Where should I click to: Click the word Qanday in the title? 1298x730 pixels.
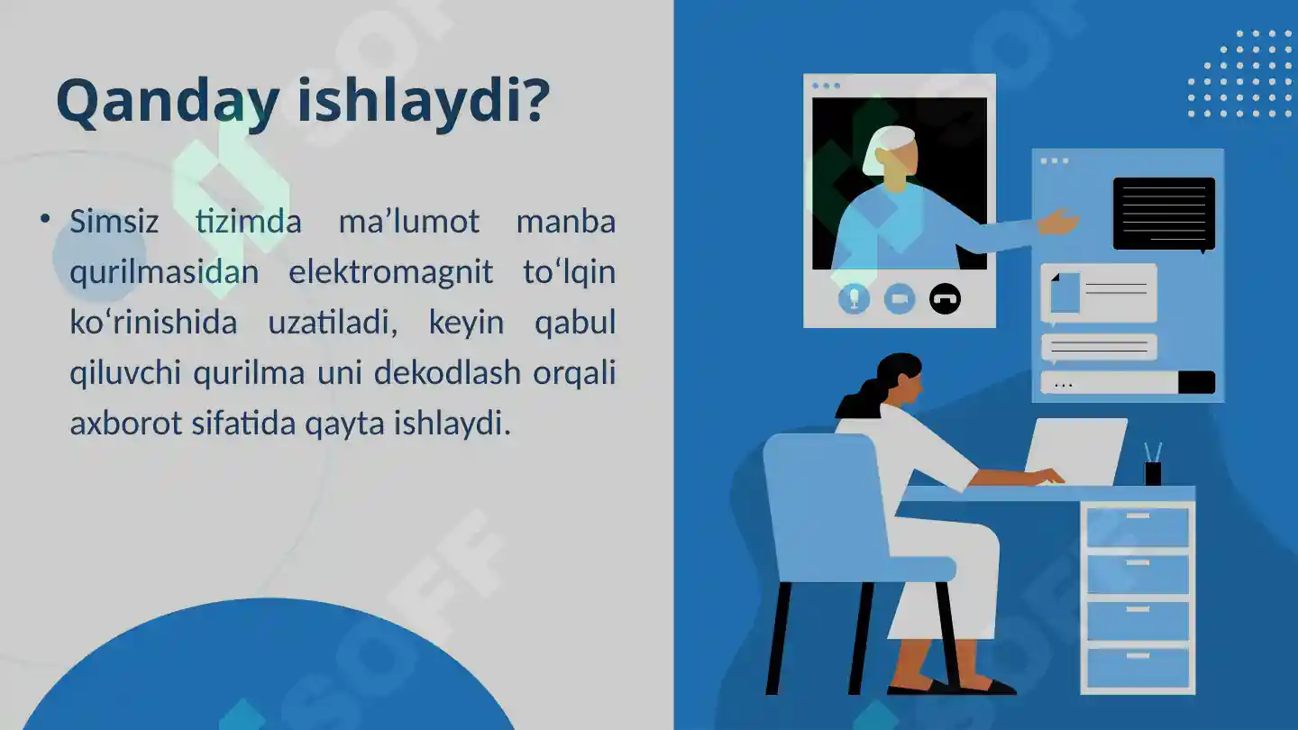pyautogui.click(x=167, y=101)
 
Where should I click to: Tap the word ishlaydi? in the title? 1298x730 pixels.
pyautogui.click(x=423, y=101)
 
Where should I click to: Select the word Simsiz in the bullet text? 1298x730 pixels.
pyautogui.click(x=114, y=222)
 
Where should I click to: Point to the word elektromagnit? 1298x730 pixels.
pyautogui.click(x=390, y=272)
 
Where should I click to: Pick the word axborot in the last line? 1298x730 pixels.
pyautogui.click(x=125, y=423)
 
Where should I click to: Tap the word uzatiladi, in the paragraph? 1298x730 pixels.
pyautogui.click(x=333, y=323)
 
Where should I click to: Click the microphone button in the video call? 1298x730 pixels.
pyautogui.click(x=854, y=298)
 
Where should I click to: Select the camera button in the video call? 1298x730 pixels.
pyautogui.click(x=899, y=298)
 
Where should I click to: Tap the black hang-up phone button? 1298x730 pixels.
pyautogui.click(x=945, y=298)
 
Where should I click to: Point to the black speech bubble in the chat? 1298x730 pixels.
pyautogui.click(x=1164, y=214)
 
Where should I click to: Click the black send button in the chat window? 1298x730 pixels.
pyautogui.click(x=1196, y=382)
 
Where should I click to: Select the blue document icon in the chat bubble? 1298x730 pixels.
pyautogui.click(x=1065, y=293)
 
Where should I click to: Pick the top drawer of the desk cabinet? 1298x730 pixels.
pyautogui.click(x=1138, y=527)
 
